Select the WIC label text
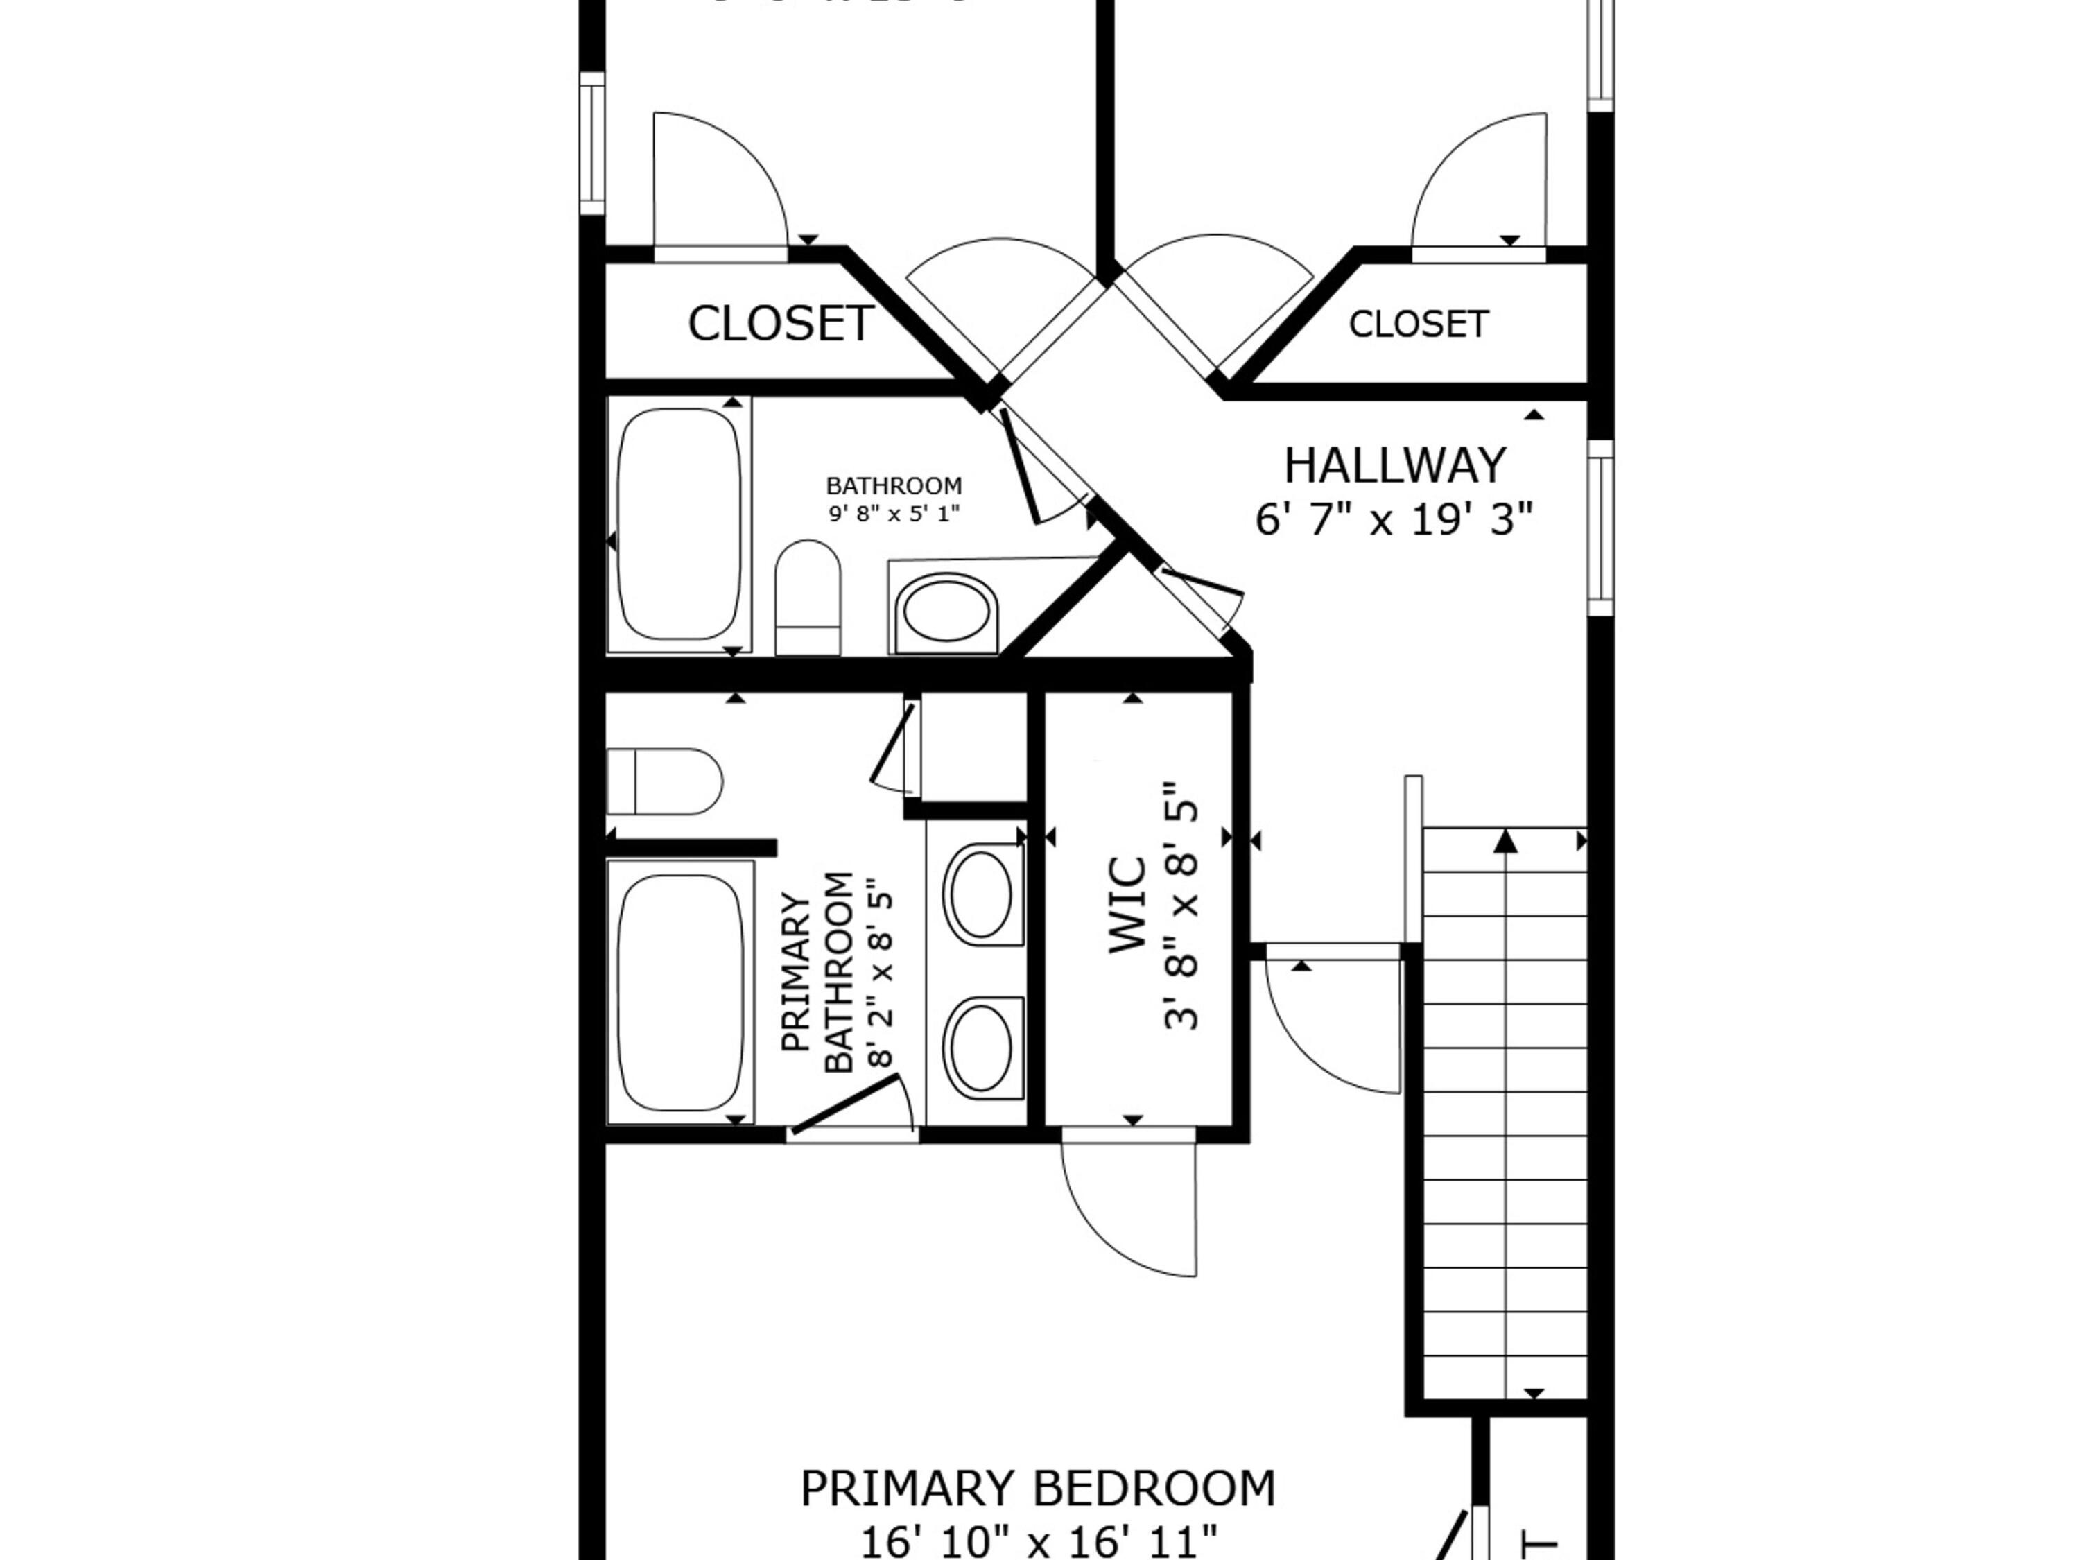coord(1127,905)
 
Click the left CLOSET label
coord(781,324)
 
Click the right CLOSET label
coord(1418,324)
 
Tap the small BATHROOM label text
coord(893,486)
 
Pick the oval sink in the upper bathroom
coord(946,612)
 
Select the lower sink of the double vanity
coord(982,1046)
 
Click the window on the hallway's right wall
coord(1600,528)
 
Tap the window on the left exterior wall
coord(591,144)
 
